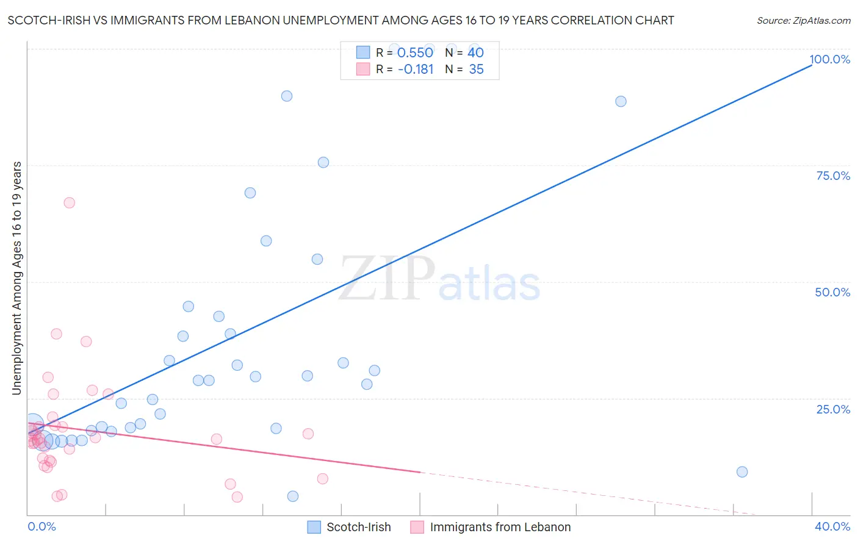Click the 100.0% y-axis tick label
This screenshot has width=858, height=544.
829,59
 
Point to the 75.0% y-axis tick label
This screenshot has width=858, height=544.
833,176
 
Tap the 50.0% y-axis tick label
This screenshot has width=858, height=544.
832,292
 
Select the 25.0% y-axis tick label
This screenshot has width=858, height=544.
833,409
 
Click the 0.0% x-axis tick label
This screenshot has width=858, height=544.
41,526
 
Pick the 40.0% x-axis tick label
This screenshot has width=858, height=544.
832,526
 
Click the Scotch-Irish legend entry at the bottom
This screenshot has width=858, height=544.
358,527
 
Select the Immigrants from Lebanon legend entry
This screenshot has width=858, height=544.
500,527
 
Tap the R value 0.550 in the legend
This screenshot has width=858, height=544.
415,53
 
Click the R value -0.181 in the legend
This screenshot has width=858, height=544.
415,70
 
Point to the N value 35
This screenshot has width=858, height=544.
476,70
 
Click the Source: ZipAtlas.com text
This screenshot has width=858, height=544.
803,20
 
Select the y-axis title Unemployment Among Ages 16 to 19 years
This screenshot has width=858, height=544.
16,277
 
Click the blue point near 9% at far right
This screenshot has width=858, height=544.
742,471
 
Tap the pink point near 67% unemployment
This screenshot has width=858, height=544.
69,202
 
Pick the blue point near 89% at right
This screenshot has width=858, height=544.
621,101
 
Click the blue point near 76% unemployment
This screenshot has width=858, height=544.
323,162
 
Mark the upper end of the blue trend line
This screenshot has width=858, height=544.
811,65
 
